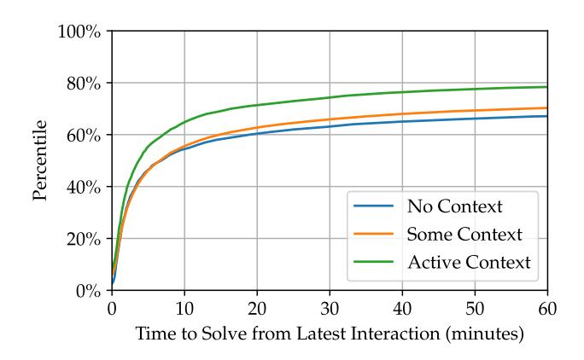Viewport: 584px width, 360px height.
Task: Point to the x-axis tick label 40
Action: click(401, 307)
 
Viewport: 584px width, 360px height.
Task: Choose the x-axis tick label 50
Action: click(474, 307)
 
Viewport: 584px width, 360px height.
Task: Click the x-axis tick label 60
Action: click(546, 307)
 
